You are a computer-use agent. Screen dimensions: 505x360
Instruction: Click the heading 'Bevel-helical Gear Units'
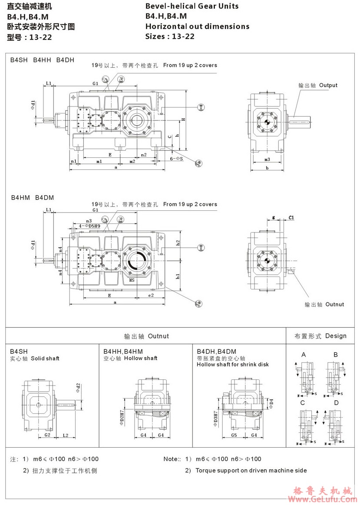(x=192, y=6)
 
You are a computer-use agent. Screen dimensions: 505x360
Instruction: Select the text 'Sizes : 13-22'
(x=170, y=37)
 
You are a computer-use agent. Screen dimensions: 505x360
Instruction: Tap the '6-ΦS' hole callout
(x=176, y=159)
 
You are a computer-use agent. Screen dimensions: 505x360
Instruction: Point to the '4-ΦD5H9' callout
(x=89, y=226)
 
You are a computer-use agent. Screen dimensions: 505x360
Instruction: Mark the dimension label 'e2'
(x=151, y=296)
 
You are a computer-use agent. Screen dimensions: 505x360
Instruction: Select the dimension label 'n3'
(x=89, y=221)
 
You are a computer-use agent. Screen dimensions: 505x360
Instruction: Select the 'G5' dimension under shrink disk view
(x=234, y=435)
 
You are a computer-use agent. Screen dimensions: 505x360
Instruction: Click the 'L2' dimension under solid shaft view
(x=65, y=435)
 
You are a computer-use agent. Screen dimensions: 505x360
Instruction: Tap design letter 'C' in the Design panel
(x=303, y=403)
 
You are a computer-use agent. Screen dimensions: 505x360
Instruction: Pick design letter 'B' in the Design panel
(x=335, y=355)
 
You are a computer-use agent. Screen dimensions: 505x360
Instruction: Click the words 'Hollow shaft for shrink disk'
(x=233, y=365)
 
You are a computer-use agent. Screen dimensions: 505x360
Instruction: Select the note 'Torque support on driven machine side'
(x=251, y=470)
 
